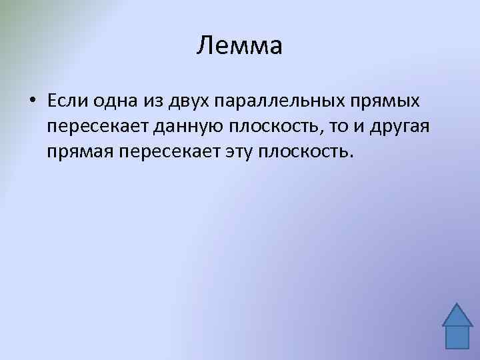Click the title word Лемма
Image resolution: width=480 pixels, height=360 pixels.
click(240, 46)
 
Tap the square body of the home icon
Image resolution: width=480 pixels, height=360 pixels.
click(457, 337)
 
